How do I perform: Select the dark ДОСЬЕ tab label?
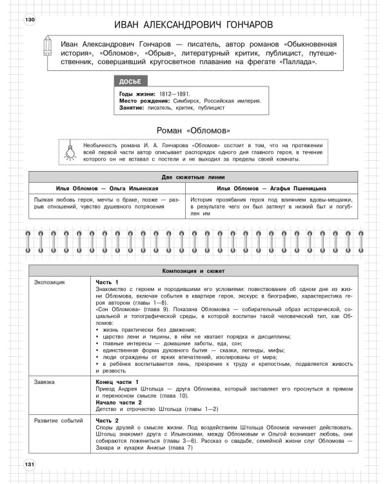pos(130,81)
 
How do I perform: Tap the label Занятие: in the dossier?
pos(132,108)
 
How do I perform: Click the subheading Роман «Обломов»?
pos(193,129)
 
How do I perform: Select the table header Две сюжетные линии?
pos(193,177)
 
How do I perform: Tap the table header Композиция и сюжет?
pos(193,272)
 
